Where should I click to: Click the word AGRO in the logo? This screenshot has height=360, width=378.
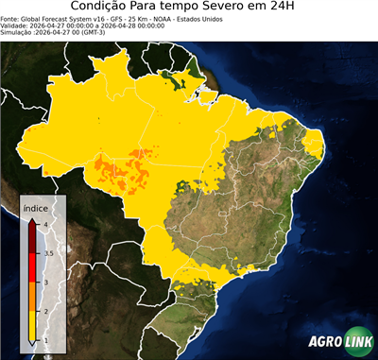pyautogui.click(x=325, y=342)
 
